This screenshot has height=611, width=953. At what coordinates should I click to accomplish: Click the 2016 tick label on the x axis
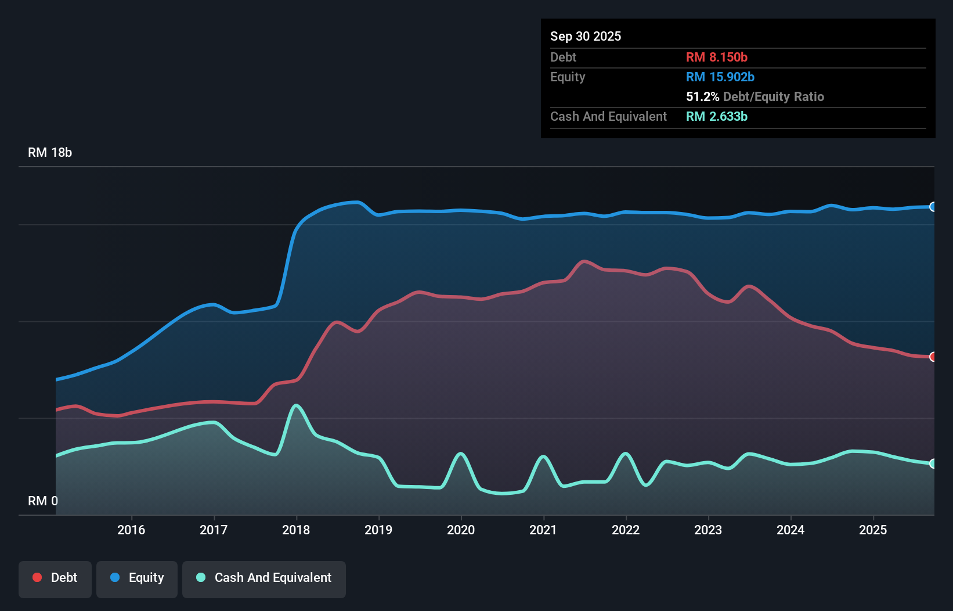click(131, 530)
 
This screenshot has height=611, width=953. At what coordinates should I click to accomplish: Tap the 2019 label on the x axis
click(378, 530)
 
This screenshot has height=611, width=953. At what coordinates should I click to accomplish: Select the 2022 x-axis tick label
click(626, 530)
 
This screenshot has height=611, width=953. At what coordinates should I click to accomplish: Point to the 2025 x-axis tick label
click(873, 530)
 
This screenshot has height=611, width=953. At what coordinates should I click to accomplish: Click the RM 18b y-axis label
click(50, 152)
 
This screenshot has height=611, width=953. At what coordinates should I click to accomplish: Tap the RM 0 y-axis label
click(43, 501)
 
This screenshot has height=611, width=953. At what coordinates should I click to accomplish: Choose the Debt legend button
click(55, 578)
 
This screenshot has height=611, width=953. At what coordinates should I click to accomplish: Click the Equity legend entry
click(137, 578)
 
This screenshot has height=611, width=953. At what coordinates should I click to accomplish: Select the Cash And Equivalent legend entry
click(264, 578)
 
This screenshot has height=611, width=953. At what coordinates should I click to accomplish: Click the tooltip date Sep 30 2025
click(586, 36)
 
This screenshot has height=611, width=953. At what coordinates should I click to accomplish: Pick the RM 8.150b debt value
click(717, 57)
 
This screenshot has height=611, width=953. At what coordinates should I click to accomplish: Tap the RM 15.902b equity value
click(720, 77)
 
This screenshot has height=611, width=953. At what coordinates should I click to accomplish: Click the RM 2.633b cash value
click(717, 116)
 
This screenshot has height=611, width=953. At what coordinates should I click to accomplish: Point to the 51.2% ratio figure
click(702, 96)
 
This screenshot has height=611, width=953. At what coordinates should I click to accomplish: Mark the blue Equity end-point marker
click(933, 207)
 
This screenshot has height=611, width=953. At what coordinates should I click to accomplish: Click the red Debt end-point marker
click(933, 357)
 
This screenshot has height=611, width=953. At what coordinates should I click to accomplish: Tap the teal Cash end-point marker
click(933, 463)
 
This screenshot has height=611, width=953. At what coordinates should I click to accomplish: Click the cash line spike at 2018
click(297, 405)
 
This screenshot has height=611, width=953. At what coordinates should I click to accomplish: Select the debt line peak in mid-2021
click(584, 261)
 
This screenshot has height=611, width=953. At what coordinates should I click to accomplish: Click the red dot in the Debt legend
click(37, 577)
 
